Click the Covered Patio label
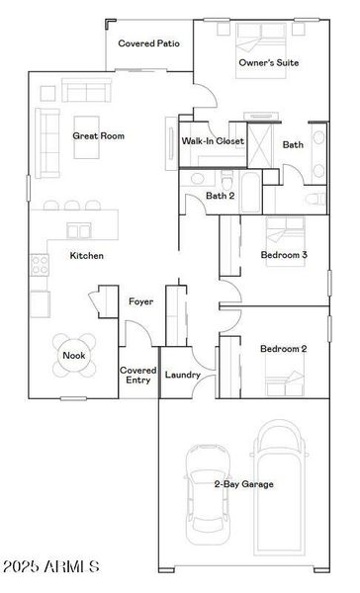(x=148, y=43)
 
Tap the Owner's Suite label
(x=269, y=63)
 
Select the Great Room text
(x=99, y=136)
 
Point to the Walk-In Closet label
(x=213, y=141)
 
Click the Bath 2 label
(x=220, y=195)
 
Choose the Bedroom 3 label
(x=284, y=255)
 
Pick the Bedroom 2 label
(x=284, y=348)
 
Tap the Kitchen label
(x=86, y=256)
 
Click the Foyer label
(x=141, y=301)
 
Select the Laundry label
(x=184, y=375)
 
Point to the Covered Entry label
(x=137, y=375)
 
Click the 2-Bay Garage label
(x=243, y=483)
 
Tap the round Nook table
(x=74, y=355)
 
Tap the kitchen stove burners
(x=41, y=264)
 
